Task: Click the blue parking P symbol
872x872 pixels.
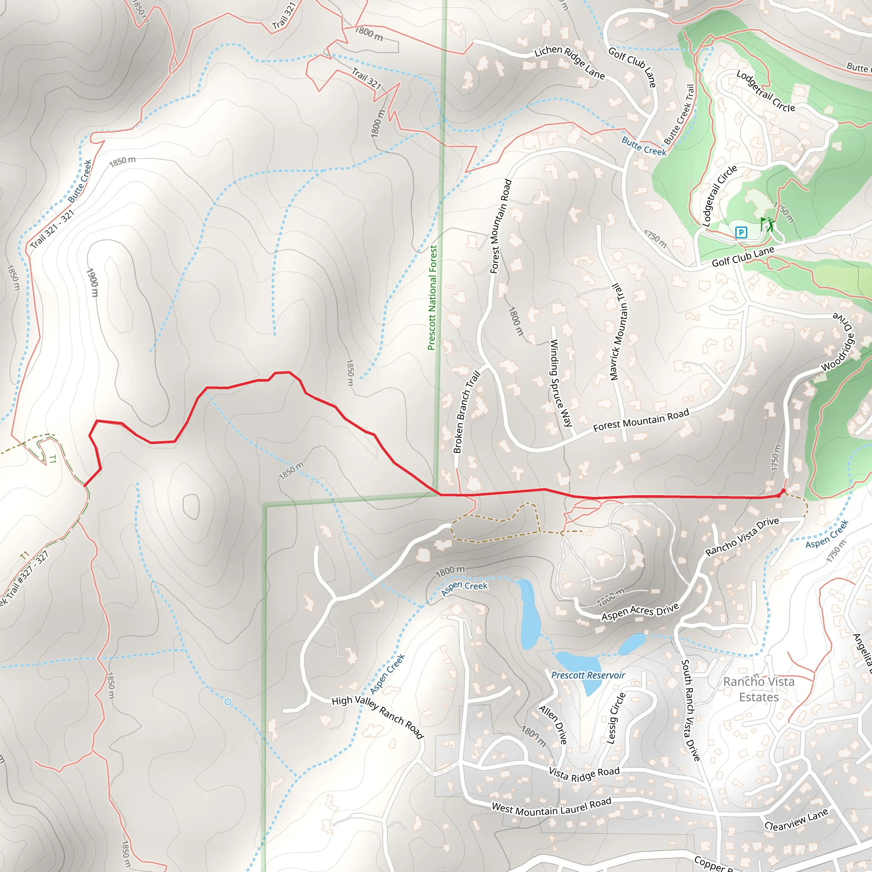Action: [x=741, y=232]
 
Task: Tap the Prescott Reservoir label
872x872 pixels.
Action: [x=588, y=675]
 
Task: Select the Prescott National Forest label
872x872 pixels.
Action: [x=433, y=298]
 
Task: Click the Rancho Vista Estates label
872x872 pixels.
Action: [x=759, y=689]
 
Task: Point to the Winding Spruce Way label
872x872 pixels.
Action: [x=561, y=383]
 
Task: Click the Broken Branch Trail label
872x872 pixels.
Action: [x=466, y=412]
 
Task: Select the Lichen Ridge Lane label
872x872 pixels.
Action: [x=569, y=62]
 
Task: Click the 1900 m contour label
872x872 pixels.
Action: [x=92, y=283]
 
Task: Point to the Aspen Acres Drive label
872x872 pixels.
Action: [x=640, y=611]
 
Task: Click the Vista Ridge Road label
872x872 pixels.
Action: [x=584, y=774]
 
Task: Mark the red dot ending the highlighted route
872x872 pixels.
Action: [x=783, y=491]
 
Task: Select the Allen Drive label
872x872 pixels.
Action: [x=553, y=724]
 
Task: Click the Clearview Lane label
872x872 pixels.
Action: [x=797, y=819]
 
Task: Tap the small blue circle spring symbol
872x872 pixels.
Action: [x=228, y=702]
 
